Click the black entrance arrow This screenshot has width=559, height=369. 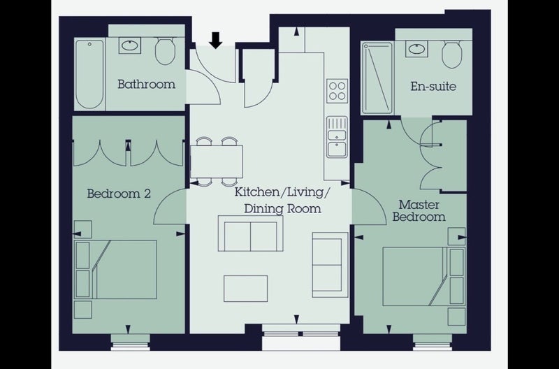(x=215, y=40)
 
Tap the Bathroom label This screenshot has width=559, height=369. (x=147, y=85)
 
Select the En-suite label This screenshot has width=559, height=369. (x=433, y=86)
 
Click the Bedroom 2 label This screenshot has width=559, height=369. (x=119, y=194)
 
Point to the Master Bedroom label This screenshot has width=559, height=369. (x=419, y=210)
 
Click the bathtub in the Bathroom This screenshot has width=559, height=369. (x=89, y=74)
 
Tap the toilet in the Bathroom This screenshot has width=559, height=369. (x=165, y=51)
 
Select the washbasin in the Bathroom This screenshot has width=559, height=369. (x=130, y=45)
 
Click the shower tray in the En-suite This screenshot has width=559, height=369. (x=377, y=78)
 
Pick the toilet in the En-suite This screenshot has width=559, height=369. (x=451, y=54)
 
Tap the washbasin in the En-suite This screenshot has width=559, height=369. (x=416, y=48)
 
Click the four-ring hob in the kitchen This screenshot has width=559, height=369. (x=337, y=91)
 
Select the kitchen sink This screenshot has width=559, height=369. (x=337, y=136)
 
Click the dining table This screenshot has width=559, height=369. (x=217, y=161)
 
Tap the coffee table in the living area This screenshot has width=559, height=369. (x=246, y=289)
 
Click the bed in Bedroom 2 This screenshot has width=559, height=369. (x=116, y=269)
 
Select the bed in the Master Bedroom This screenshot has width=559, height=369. (x=423, y=276)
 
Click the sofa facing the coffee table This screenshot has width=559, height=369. (x=250, y=233)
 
